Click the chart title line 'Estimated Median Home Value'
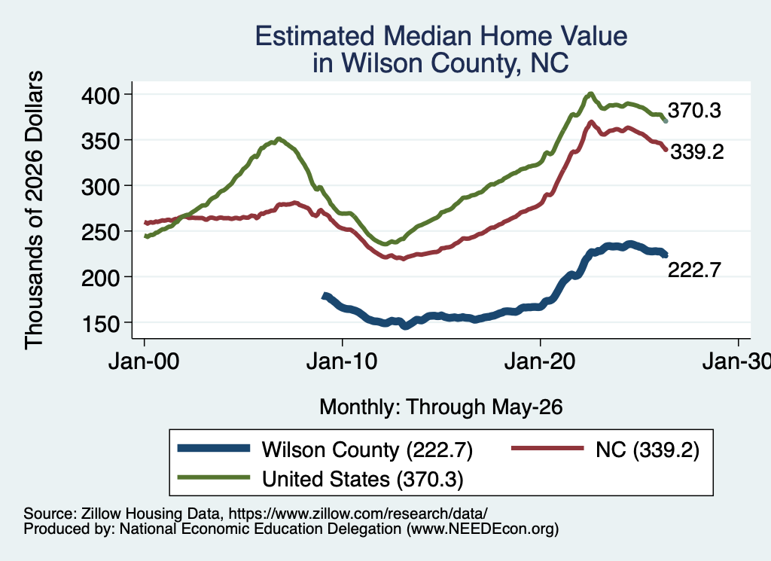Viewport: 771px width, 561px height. pos(441,36)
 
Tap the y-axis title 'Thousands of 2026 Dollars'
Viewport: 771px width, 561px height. pos(34,210)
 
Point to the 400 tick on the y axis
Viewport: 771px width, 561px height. pos(100,95)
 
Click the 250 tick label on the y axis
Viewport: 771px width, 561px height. pos(100,232)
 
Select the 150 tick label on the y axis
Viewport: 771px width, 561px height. pos(100,323)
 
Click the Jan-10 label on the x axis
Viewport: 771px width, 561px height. pos(342,362)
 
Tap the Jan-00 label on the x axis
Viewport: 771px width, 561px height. pos(144,362)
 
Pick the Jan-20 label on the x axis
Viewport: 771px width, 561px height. pos(540,362)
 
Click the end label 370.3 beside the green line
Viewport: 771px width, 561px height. pos(694,111)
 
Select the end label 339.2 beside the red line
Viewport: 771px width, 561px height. pos(697,152)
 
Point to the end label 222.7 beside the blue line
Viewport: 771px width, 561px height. pos(694,270)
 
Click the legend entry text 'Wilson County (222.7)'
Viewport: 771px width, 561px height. pos(367,450)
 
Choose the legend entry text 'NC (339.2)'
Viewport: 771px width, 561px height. pos(647,450)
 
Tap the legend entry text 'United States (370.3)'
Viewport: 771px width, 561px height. pos(363,479)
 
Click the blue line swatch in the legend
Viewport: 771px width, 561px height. pos(214,448)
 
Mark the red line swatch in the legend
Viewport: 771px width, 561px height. pos(547,448)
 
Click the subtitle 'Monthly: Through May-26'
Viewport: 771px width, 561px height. pos(441,407)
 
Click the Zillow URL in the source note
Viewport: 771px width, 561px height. pos(358,514)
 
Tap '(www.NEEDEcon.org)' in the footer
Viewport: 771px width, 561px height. pos(483,529)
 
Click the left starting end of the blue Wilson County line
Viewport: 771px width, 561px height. pos(324,296)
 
